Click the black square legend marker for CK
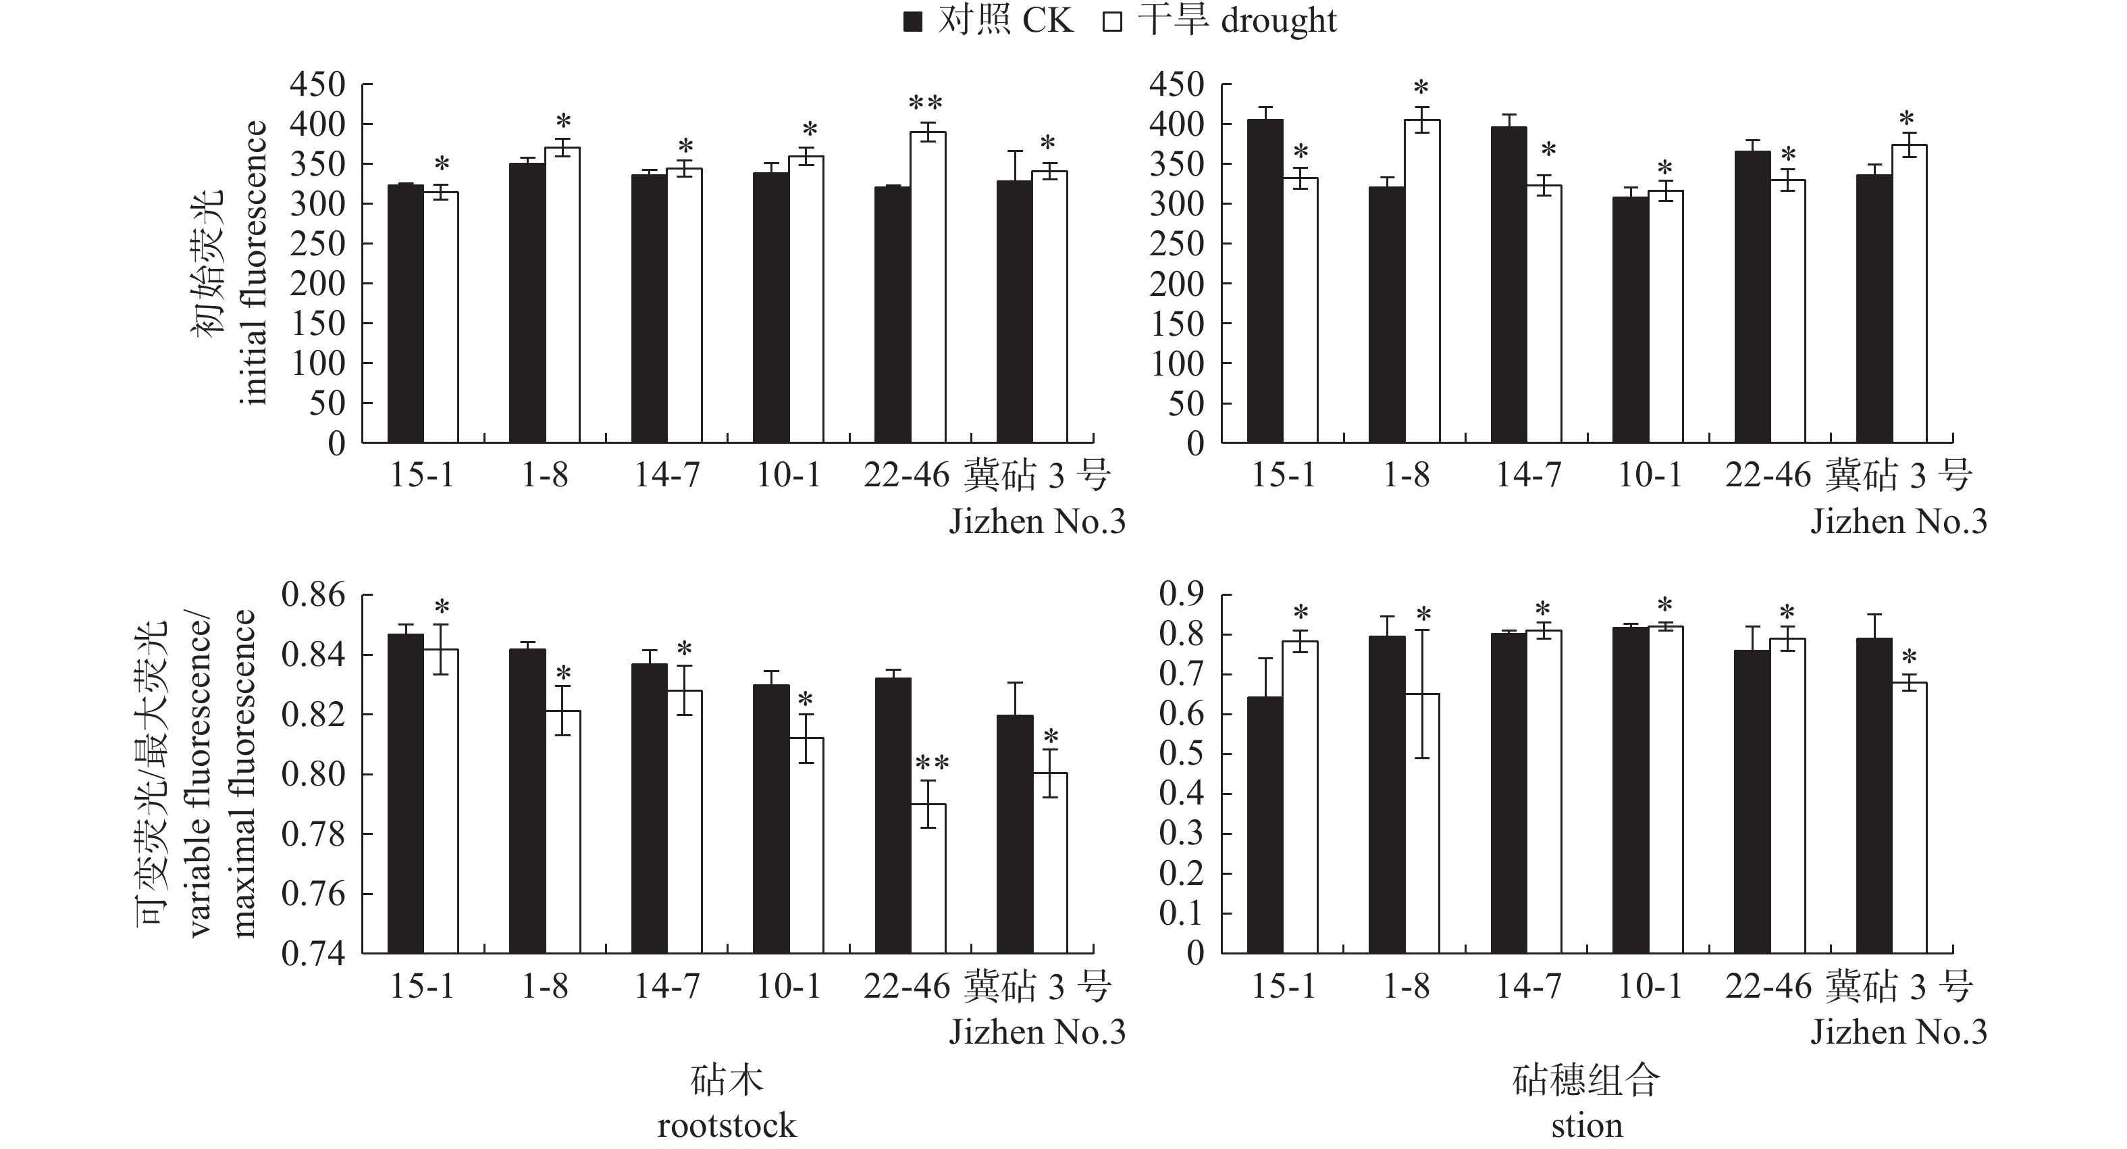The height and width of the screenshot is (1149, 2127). click(x=912, y=22)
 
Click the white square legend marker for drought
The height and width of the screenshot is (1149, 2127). click(x=1112, y=22)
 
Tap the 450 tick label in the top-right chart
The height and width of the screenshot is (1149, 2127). click(x=1177, y=84)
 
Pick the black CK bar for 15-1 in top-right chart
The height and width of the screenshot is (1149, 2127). click(x=1265, y=281)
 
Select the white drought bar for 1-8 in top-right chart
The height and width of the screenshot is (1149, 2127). click(x=1422, y=281)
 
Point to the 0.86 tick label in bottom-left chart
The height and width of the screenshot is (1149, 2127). click(x=314, y=594)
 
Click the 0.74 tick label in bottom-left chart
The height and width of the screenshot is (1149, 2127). click(x=314, y=954)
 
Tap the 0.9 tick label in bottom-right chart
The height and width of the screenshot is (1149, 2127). click(x=1182, y=594)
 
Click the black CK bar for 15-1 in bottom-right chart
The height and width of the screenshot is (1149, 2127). click(x=1265, y=825)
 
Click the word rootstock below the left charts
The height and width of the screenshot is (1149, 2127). click(x=727, y=1125)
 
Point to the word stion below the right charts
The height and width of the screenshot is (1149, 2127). click(x=1586, y=1125)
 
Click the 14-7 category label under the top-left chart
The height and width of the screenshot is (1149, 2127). click(x=667, y=475)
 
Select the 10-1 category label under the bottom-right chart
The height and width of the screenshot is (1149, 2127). click(x=1650, y=986)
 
